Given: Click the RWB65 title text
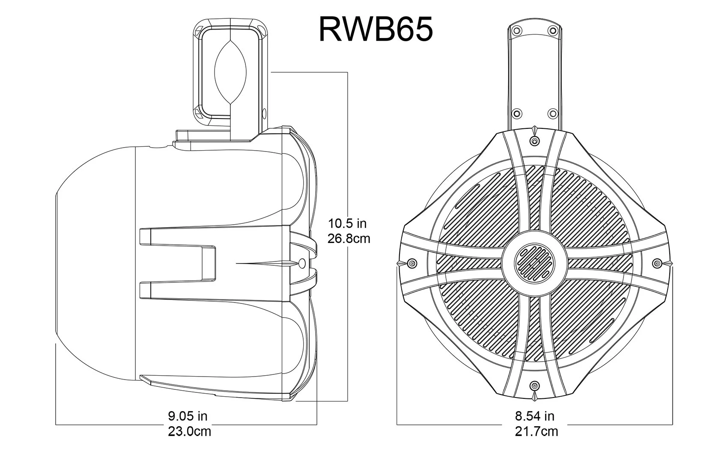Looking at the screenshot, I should (x=376, y=29).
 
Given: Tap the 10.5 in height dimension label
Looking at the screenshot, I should (x=347, y=223).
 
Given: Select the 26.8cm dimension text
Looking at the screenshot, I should (x=349, y=238).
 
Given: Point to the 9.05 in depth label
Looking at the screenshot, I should (x=187, y=416).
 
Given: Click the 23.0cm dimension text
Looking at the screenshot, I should (x=189, y=431).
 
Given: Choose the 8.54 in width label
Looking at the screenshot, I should (x=534, y=416).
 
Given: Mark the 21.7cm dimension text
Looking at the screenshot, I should (x=536, y=431).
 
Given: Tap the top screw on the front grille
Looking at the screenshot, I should (x=534, y=141).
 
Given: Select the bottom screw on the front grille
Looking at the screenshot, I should (x=534, y=386).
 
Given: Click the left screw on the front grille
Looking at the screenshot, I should (x=412, y=263).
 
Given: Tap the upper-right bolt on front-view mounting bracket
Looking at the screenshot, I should (x=553, y=31).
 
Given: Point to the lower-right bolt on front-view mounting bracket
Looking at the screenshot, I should (x=553, y=113).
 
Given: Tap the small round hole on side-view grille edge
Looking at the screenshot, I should (x=301, y=263).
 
